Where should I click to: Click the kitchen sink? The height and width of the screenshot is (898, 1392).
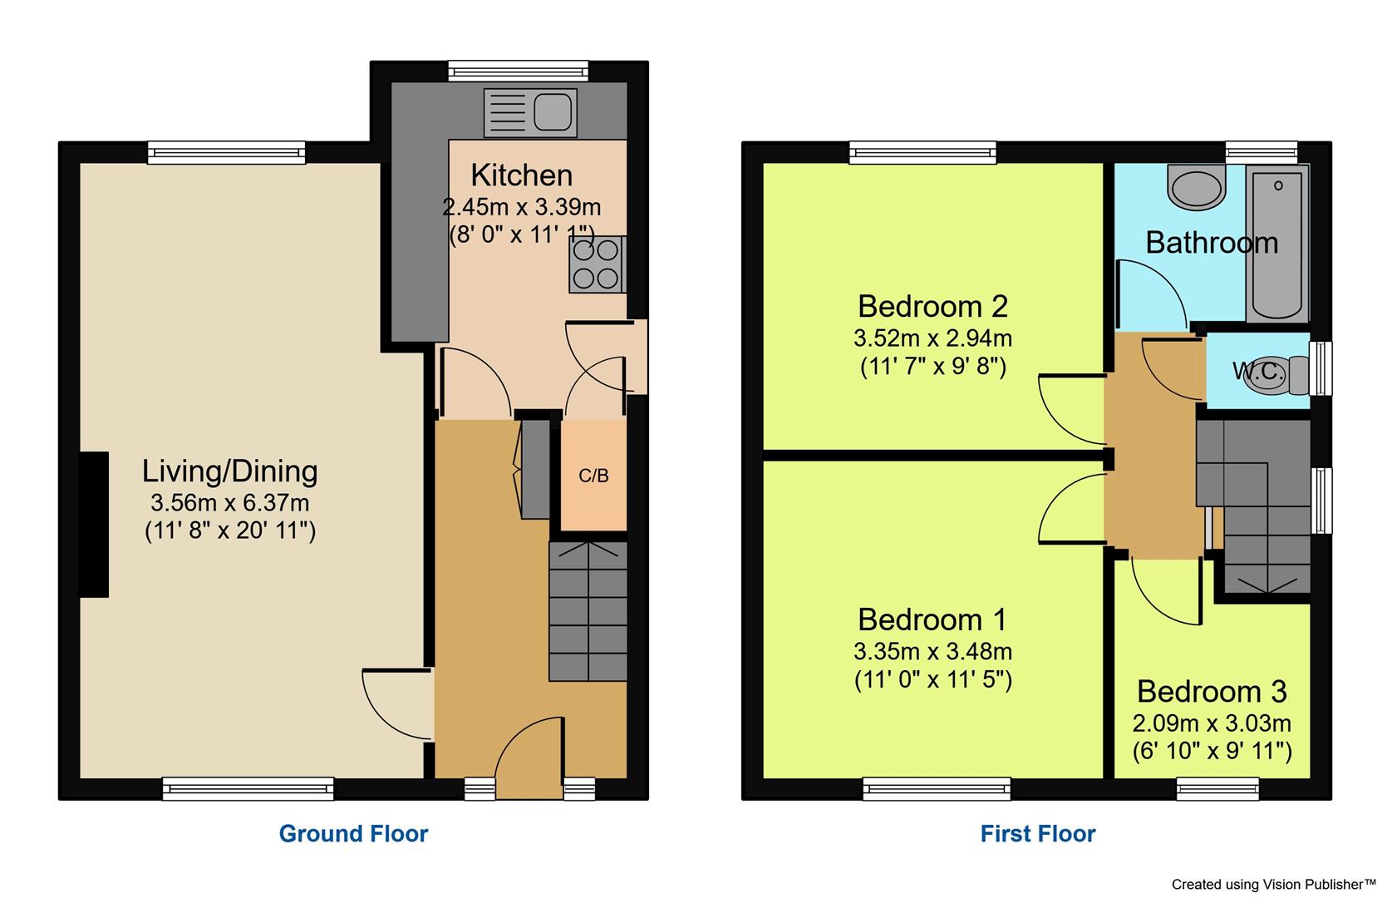[530, 113]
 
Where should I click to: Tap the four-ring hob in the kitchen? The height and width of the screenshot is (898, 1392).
[597, 265]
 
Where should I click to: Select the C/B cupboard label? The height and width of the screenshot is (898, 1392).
[593, 476]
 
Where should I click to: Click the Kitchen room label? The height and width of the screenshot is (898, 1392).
[521, 175]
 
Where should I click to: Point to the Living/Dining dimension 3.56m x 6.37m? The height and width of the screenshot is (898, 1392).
[229, 502]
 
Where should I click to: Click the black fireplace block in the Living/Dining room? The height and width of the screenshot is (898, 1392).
[94, 525]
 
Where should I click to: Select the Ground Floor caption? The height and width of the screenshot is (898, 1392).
[353, 833]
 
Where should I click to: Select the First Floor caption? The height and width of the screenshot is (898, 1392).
[1037, 833]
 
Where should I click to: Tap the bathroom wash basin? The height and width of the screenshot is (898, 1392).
[1197, 185]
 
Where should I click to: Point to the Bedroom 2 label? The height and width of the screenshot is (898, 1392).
[932, 306]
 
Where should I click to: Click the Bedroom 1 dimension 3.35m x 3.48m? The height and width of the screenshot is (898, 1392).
[932, 650]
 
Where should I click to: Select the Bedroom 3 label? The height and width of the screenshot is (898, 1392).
[1211, 691]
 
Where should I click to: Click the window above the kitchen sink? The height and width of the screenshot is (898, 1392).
[518, 70]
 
